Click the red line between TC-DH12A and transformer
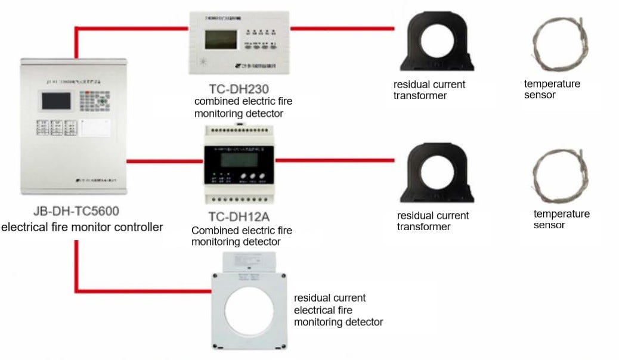pos(335,160)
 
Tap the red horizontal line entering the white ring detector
pos(143,291)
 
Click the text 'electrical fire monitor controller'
pos(82,227)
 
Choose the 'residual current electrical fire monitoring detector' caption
pos(338,310)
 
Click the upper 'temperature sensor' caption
pos(552,89)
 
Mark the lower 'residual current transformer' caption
pos(433,221)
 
